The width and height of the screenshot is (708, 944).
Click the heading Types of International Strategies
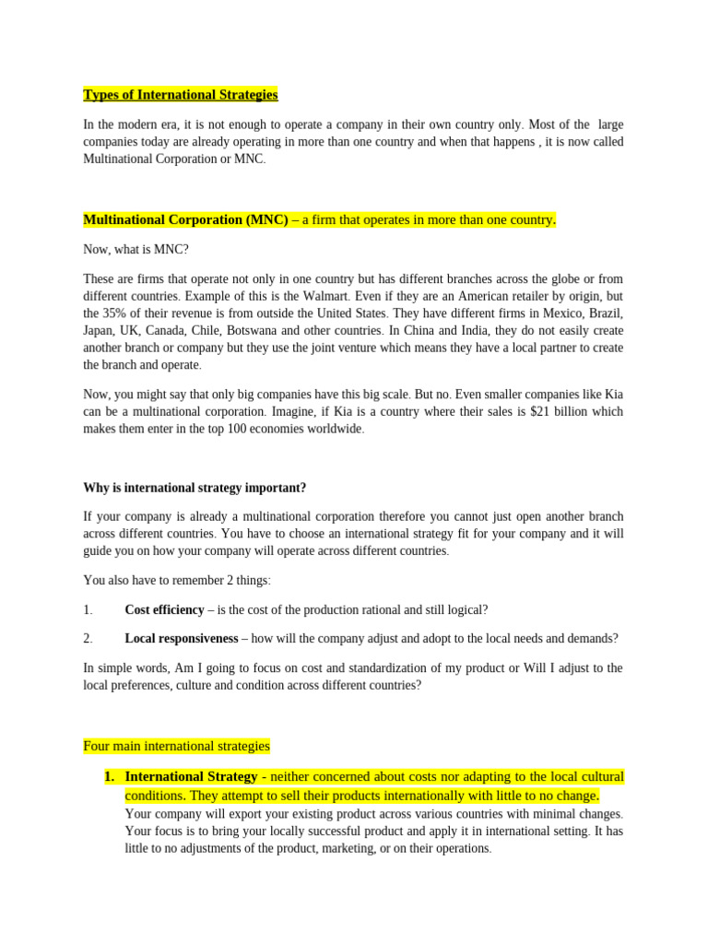pyautogui.click(x=180, y=95)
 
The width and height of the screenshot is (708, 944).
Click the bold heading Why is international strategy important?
pyautogui.click(x=195, y=488)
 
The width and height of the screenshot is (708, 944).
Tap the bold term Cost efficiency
pyautogui.click(x=163, y=609)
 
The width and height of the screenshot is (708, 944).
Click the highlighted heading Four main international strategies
pyautogui.click(x=176, y=746)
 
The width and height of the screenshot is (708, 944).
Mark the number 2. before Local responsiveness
pyautogui.click(x=88, y=638)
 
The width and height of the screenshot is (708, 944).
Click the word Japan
pyautogui.click(x=100, y=331)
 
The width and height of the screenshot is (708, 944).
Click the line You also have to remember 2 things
pyautogui.click(x=177, y=580)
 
